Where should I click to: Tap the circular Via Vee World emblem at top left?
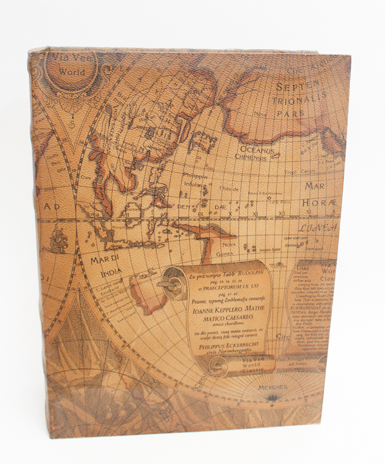tap(72, 68)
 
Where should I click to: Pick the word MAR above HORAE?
tap(315, 186)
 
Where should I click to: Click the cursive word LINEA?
tap(317, 228)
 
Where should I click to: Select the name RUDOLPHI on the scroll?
tap(248, 270)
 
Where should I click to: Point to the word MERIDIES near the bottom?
tap(273, 386)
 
